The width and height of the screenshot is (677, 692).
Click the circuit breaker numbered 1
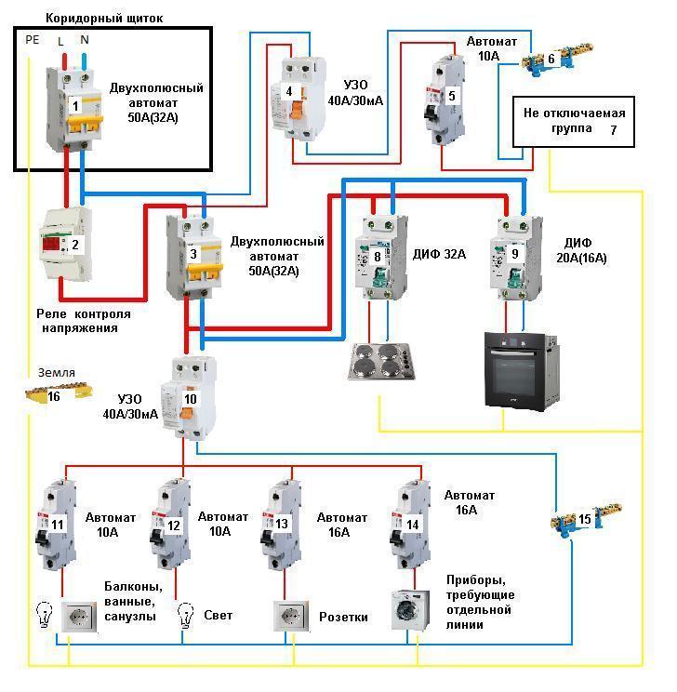coord(75,103)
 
